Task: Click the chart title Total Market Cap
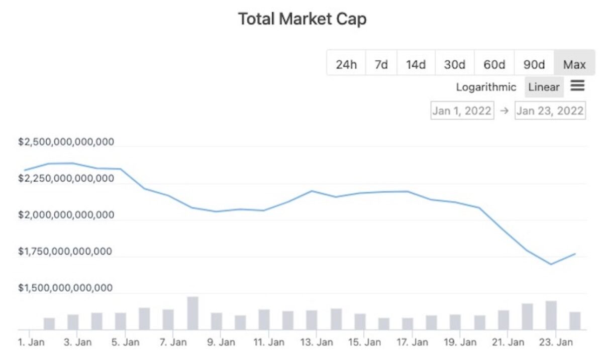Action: click(x=302, y=19)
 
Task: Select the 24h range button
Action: click(x=346, y=64)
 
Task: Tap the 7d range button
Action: click(x=381, y=64)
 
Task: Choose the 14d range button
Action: click(x=416, y=64)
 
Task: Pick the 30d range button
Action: click(x=454, y=64)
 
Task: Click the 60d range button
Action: click(x=494, y=64)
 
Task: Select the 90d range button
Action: click(x=534, y=64)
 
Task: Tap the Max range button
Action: click(x=574, y=64)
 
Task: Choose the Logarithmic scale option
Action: click(x=486, y=87)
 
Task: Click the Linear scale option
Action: click(x=544, y=87)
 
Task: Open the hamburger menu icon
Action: click(x=577, y=86)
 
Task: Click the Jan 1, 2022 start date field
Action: click(x=462, y=110)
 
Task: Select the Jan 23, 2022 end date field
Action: click(x=550, y=110)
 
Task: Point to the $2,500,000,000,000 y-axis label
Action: click(x=66, y=142)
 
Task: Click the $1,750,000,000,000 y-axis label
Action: click(x=66, y=252)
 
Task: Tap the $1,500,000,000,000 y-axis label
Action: click(x=66, y=288)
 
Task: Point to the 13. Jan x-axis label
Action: click(x=316, y=343)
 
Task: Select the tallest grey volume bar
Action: click(x=193, y=313)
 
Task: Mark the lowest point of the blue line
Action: click(x=551, y=264)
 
